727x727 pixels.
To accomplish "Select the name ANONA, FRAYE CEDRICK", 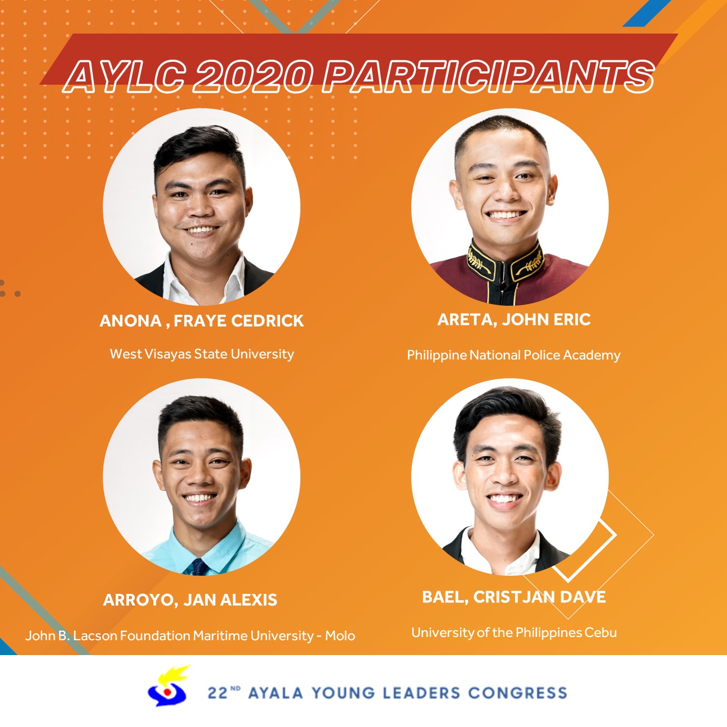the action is pos(201,321).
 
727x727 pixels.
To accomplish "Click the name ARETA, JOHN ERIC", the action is pos(514,320).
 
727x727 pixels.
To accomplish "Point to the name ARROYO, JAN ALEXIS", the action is pos(190,600).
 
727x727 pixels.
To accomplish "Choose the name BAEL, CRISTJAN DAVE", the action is pos(514,597).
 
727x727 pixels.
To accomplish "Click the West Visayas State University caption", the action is pos(202,354).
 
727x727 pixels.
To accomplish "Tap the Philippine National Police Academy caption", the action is pos(513,355).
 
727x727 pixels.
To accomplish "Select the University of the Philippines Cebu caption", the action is pos(514,633).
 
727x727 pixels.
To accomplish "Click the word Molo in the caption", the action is pos(340,636).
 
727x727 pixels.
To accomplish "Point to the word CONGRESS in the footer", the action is pos(518,693).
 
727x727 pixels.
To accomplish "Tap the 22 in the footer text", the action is pos(217,693).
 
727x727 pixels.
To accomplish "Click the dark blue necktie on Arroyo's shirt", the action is pos(199,567).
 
